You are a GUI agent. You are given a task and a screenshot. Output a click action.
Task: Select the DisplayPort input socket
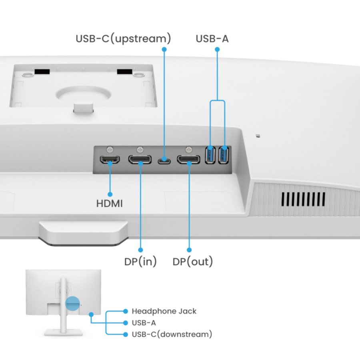coord(140,160)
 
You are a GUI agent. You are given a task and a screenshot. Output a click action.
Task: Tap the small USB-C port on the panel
coord(164,161)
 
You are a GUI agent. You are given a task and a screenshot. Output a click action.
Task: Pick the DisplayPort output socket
coord(189,160)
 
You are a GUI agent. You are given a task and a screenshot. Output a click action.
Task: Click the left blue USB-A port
coord(210,155)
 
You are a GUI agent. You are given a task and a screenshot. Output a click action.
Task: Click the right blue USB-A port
coord(224,155)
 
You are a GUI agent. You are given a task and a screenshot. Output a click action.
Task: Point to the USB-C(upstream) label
coord(123,39)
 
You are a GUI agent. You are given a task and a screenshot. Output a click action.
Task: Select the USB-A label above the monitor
coord(212,39)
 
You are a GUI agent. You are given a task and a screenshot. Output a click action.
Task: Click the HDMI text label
coord(110,203)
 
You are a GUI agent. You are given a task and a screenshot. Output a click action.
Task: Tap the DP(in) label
coord(140,262)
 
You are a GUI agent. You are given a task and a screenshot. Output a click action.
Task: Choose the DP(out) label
coord(193,262)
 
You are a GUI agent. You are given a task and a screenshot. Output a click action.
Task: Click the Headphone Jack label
coord(164,311)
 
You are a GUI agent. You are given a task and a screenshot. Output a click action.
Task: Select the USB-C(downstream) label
coord(172,334)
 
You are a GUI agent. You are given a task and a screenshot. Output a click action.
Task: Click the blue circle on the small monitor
coord(72,304)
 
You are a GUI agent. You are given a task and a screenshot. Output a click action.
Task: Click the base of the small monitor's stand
coord(64,332)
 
